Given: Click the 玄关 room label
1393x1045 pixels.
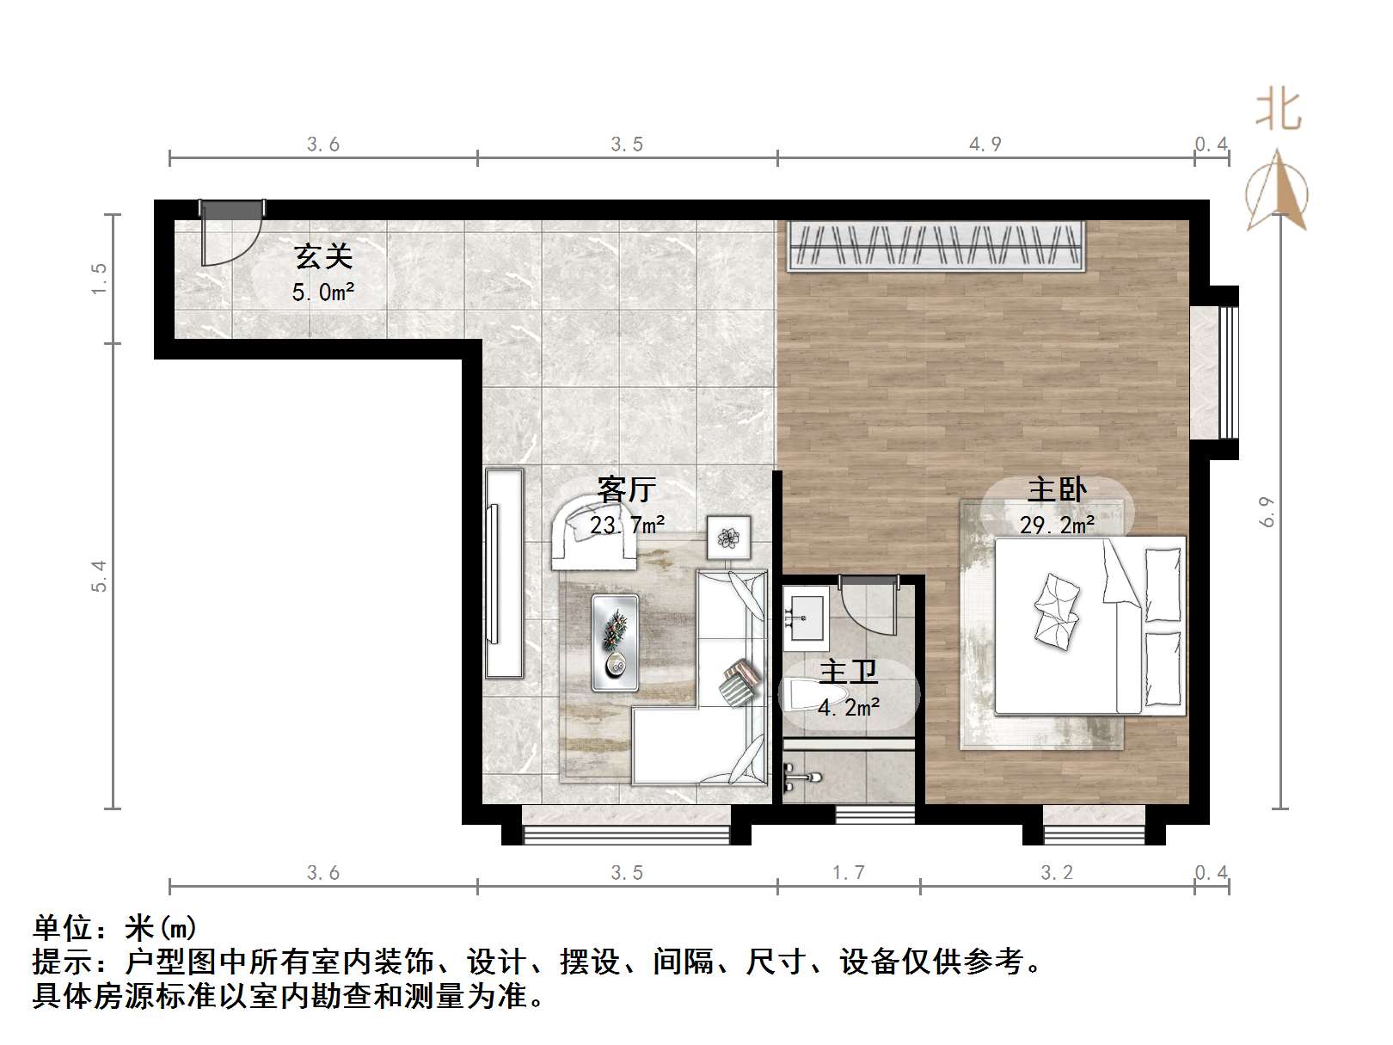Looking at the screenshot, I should [323, 256].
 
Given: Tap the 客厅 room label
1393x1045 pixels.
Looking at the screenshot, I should [627, 489].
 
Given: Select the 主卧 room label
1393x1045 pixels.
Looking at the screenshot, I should [1057, 489].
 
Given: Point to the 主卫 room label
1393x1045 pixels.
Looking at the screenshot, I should [848, 672].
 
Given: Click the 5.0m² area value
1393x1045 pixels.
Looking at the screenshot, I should [323, 292].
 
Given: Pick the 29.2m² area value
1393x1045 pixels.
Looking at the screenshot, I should [1057, 525].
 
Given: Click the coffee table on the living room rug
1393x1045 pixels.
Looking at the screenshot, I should [615, 642].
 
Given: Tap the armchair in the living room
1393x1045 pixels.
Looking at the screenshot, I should [593, 533].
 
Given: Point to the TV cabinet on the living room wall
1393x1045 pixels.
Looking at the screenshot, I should [504, 573].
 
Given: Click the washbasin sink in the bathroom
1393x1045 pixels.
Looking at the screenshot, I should [805, 616].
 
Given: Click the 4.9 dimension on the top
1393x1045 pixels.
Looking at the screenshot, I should [985, 144].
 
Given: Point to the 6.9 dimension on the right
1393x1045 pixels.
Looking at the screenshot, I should [1267, 513].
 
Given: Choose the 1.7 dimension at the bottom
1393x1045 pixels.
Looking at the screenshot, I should [848, 873].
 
